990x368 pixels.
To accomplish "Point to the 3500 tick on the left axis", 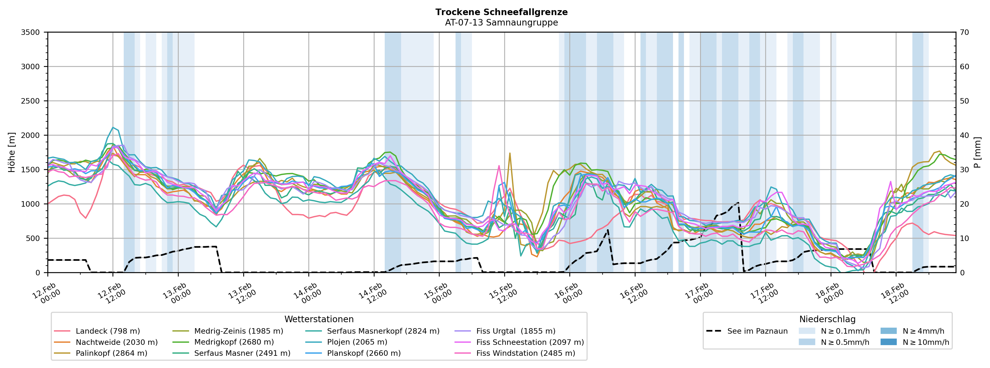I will tap(30, 32).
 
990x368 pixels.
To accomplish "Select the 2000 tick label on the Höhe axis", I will tap(30, 135).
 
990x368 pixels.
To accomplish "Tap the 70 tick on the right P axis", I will tap(964, 32).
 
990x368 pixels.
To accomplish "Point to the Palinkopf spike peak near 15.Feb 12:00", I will tap(510, 153).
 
